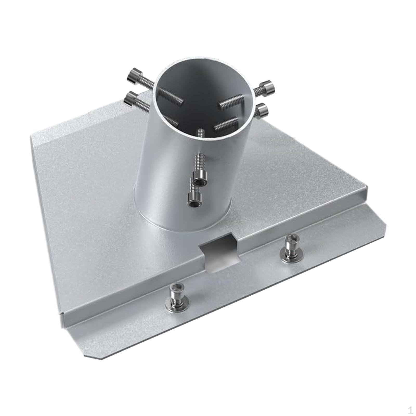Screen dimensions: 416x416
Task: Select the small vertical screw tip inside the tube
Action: pyautogui.click(x=200, y=134)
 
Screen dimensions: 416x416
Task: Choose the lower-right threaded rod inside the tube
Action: pyautogui.click(x=226, y=123)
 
